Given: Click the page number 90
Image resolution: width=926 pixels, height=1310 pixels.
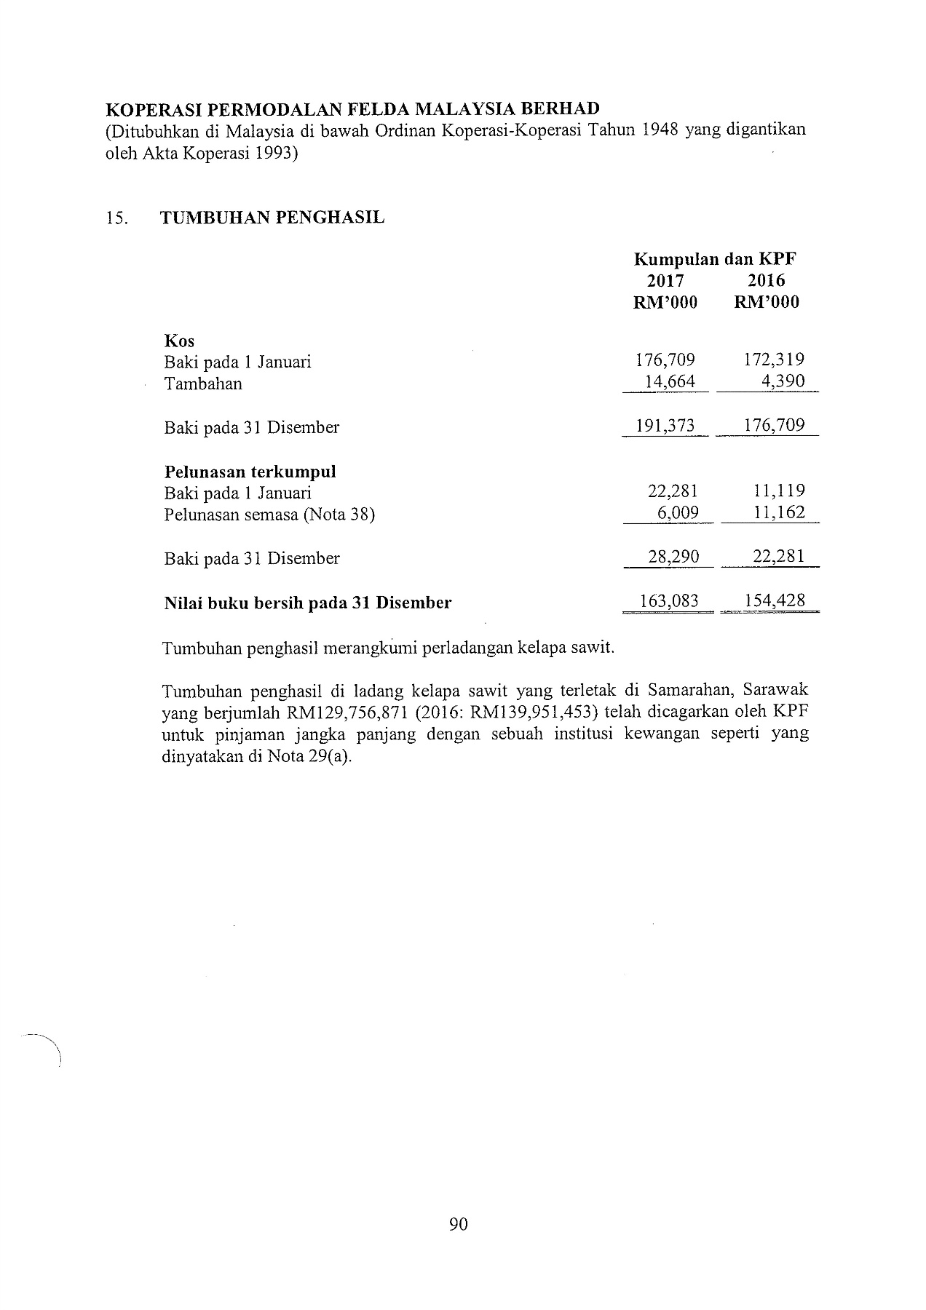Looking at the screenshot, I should (459, 1224).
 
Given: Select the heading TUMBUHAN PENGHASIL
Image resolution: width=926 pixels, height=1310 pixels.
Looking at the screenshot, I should (272, 218).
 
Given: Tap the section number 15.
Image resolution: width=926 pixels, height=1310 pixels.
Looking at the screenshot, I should (116, 218).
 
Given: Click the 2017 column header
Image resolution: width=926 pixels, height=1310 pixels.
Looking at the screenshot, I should (665, 281).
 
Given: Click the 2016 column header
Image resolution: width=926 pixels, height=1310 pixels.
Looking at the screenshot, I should (767, 281).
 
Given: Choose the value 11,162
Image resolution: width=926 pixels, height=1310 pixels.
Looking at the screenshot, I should (779, 513).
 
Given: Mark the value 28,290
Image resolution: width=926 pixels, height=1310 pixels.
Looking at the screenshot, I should (673, 557).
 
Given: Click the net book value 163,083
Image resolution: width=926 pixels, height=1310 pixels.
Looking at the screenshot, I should (668, 601).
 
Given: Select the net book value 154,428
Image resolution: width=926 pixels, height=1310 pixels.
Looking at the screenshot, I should (774, 601).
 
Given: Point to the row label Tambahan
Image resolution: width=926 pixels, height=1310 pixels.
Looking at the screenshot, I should (203, 384).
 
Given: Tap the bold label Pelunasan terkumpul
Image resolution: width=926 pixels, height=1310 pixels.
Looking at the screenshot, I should (250, 472).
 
